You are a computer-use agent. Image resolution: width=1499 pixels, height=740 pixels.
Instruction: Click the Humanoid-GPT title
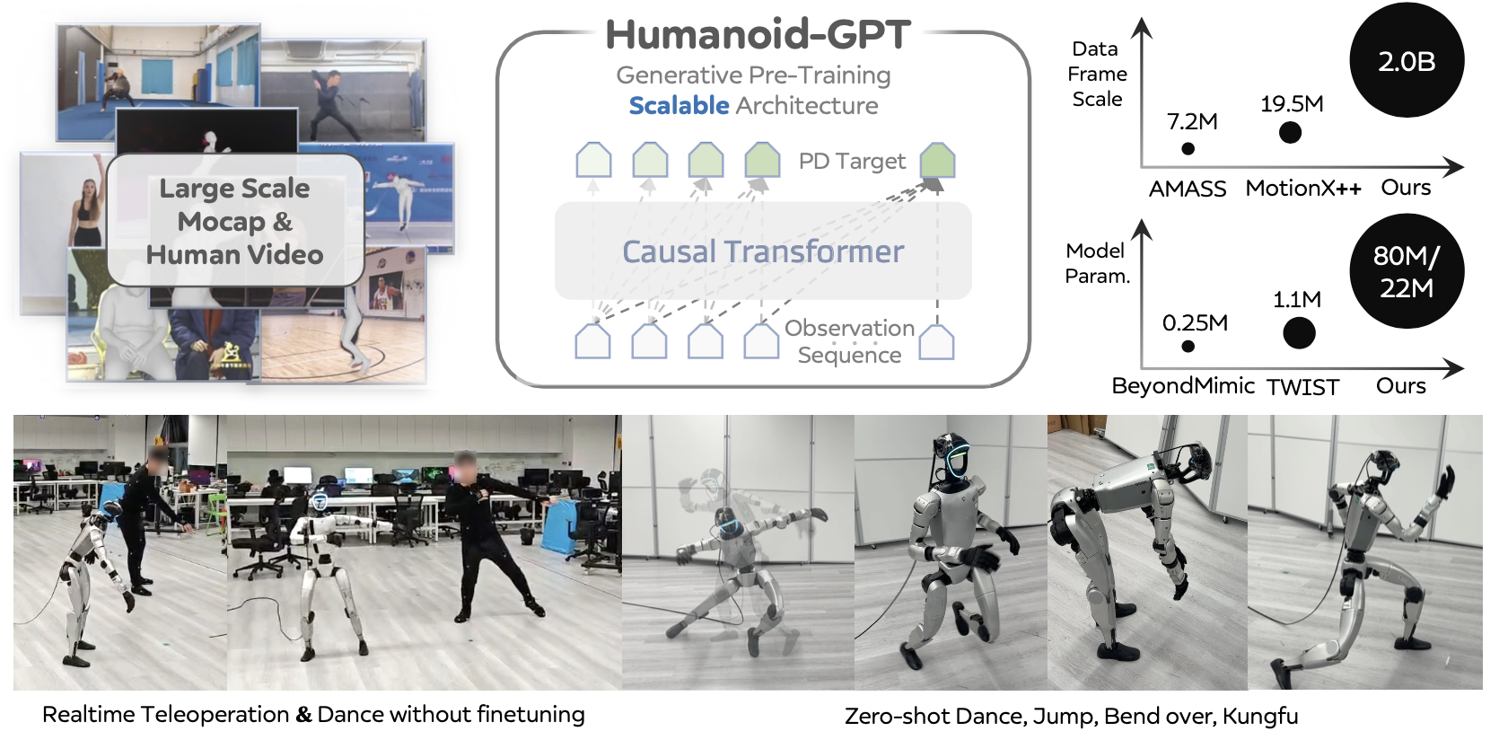tap(758, 34)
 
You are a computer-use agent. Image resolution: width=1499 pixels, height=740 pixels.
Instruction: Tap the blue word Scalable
tap(679, 106)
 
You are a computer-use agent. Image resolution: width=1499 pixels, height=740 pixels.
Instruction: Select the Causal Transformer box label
tap(763, 251)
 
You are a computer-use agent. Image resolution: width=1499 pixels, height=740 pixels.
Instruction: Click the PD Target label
tap(852, 162)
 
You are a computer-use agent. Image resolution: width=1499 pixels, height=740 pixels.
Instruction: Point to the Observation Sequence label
tap(849, 341)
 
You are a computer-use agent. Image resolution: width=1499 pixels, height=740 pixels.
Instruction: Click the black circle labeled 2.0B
tap(1407, 60)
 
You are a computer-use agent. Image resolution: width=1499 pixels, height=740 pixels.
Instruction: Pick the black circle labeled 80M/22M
tap(1407, 271)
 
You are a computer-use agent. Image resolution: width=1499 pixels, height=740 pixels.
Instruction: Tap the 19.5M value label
tap(1292, 104)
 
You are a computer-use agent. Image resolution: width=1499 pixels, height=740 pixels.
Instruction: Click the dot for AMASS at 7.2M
tap(1188, 149)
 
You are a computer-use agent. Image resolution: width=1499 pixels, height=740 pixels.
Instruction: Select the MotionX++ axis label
tap(1303, 189)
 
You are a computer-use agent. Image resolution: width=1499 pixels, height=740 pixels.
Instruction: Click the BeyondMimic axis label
tap(1182, 386)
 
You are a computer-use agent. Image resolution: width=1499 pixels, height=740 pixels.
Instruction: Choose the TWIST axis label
tap(1302, 387)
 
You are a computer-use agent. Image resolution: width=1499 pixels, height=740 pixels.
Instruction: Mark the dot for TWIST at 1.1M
tap(1299, 333)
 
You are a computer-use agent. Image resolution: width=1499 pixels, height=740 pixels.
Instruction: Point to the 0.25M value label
tap(1195, 322)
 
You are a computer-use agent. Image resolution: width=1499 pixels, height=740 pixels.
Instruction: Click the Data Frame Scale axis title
tap(1097, 74)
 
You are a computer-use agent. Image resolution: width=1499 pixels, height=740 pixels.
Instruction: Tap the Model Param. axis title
tap(1097, 263)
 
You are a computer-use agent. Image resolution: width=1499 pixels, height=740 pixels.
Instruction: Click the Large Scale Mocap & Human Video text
tap(235, 222)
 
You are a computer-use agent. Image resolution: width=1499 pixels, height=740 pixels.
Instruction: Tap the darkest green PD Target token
tap(937, 161)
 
